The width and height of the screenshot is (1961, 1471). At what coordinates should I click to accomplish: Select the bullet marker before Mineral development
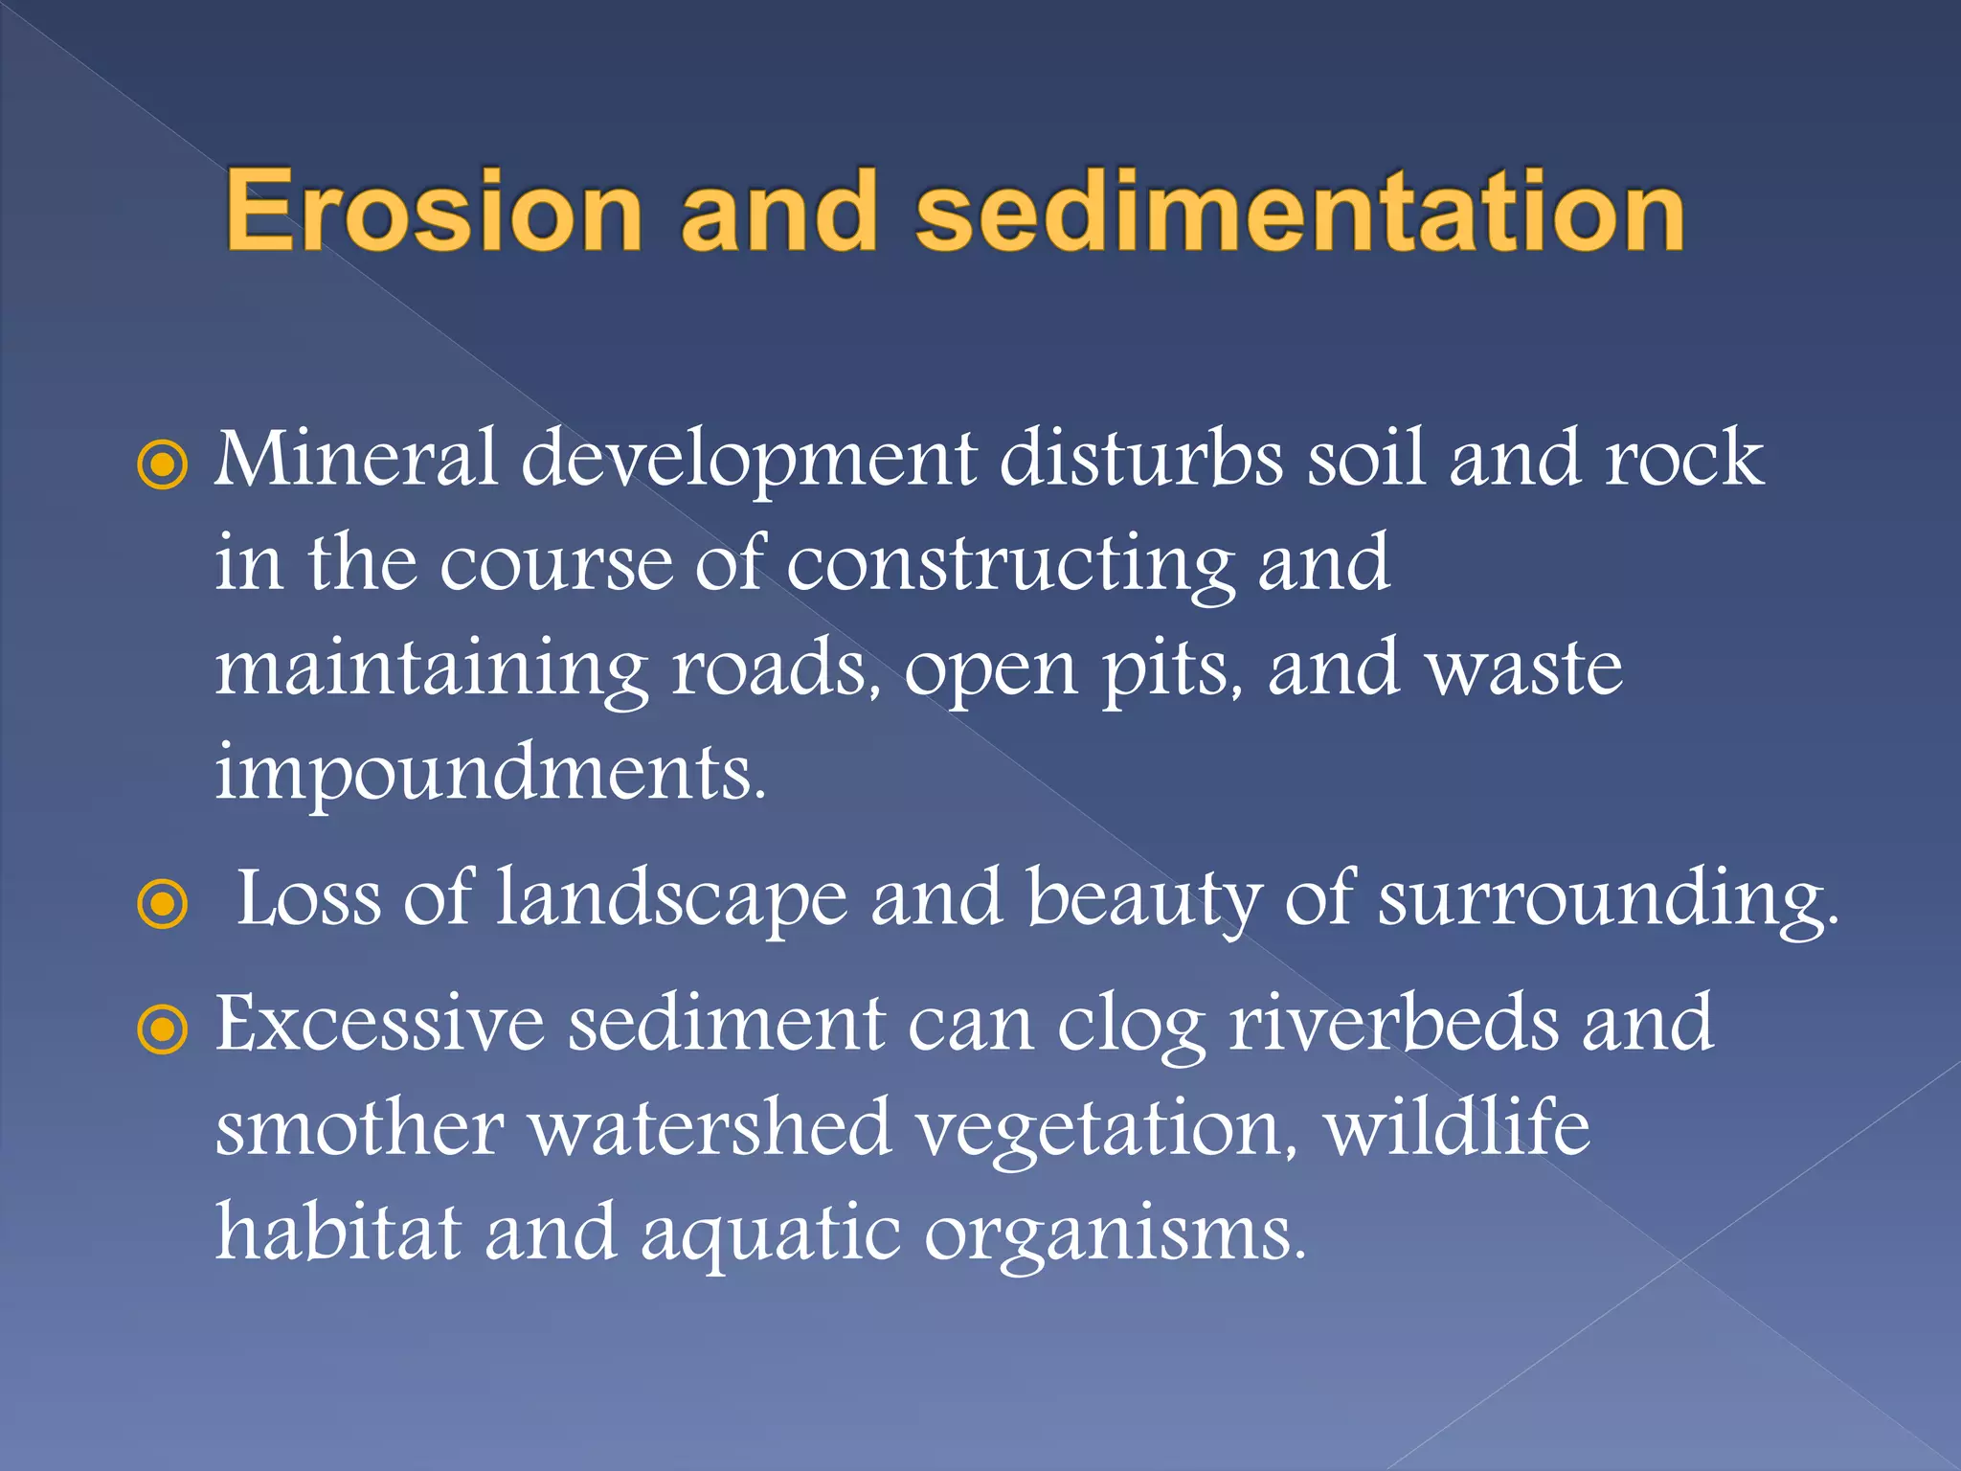[x=163, y=465]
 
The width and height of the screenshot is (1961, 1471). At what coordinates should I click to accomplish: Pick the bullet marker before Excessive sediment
[x=163, y=1030]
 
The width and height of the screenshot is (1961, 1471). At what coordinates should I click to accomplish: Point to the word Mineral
[x=356, y=458]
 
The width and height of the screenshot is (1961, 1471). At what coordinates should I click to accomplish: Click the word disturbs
[x=1140, y=458]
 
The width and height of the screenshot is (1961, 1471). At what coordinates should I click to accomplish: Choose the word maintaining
[x=431, y=668]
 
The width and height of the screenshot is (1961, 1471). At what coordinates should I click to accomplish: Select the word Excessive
[x=379, y=1023]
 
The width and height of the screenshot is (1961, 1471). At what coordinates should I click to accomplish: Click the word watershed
[x=710, y=1127]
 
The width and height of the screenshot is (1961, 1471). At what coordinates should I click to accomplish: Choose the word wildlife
[x=1456, y=1127]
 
